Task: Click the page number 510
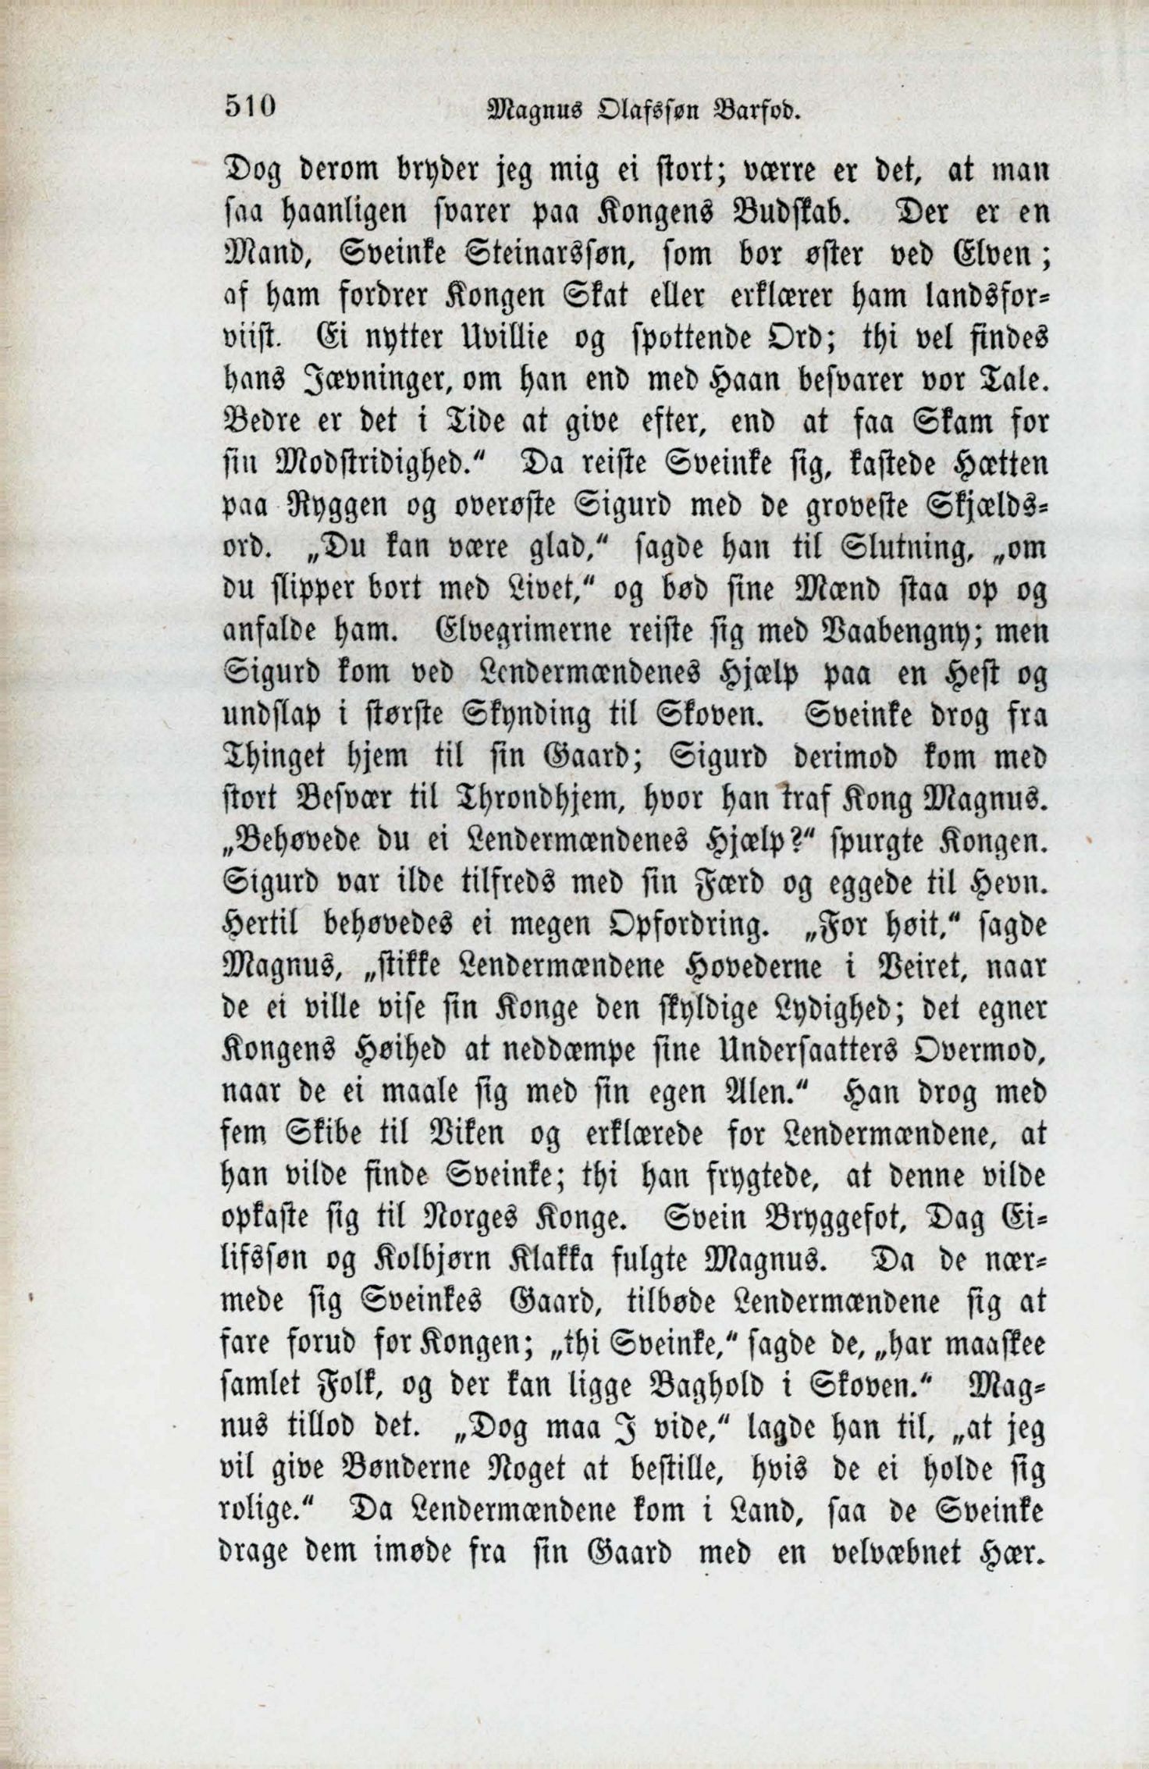pyautogui.click(x=251, y=107)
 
